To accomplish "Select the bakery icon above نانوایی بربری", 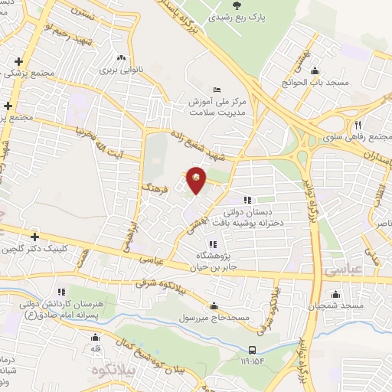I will (x=120, y=57).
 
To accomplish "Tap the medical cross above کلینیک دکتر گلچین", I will (x=34, y=237).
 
